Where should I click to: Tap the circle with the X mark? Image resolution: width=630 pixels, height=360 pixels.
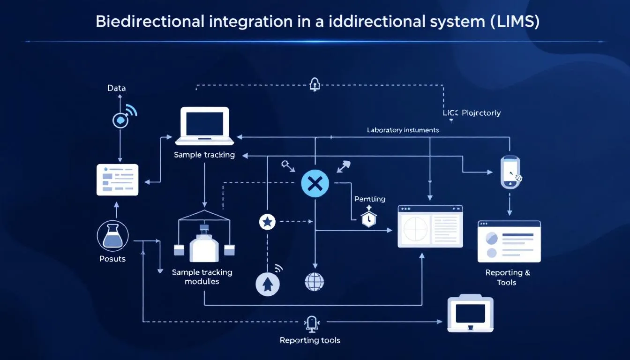[315, 183]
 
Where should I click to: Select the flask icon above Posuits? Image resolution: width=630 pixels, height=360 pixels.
[112, 236]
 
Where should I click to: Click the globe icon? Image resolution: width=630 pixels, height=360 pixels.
[315, 282]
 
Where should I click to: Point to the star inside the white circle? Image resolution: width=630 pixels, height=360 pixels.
[267, 222]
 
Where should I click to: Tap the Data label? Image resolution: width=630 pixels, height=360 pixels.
[116, 88]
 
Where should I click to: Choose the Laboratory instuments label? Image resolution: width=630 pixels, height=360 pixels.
[403, 130]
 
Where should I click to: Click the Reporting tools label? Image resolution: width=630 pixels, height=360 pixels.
[310, 340]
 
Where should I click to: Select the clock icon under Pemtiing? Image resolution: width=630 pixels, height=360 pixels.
[369, 218]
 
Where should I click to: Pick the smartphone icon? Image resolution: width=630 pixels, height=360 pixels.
[510, 172]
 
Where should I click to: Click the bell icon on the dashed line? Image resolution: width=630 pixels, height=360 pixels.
[315, 84]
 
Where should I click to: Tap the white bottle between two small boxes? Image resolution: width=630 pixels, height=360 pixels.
[204, 245]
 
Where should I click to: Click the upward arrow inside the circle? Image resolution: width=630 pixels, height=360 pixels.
[268, 284]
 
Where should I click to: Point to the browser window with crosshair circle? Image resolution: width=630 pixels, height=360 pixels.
[430, 226]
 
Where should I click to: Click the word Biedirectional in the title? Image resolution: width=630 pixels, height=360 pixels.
[150, 22]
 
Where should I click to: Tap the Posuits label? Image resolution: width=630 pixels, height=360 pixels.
[112, 259]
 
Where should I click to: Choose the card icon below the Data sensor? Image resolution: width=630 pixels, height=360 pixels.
[117, 180]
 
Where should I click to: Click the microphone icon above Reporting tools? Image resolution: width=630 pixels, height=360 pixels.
[311, 323]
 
